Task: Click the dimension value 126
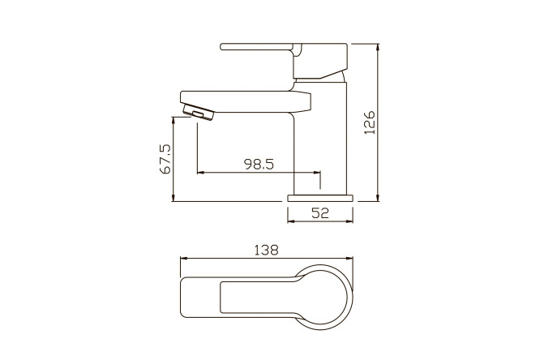pos(370,122)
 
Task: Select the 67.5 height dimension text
pos(165,159)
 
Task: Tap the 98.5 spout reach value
pos(259,165)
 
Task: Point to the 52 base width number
pos(320,213)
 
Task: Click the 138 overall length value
pos(266,250)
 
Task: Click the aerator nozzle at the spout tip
pos(199,113)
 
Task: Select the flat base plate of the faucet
pos(320,198)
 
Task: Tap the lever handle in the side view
pos(284,61)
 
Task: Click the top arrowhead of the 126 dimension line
pos(378,46)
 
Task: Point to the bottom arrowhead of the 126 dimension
pos(378,199)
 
